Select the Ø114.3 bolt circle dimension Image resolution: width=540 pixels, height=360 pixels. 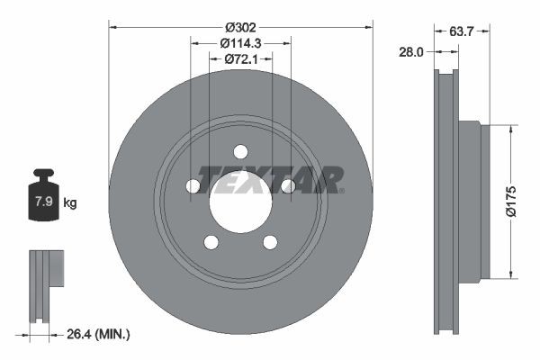[240, 41]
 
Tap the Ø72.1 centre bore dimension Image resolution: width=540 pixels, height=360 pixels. [240, 58]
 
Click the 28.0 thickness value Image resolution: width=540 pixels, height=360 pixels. [411, 52]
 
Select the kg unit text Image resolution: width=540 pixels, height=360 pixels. [70, 203]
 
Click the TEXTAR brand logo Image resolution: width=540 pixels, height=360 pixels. [270, 179]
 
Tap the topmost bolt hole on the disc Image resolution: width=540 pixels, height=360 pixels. [240, 151]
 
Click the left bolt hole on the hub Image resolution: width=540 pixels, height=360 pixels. [193, 185]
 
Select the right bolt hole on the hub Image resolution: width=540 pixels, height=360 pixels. [288, 185]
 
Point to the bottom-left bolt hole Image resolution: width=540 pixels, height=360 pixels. [211, 241]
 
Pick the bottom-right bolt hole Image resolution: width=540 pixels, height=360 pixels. [270, 241]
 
